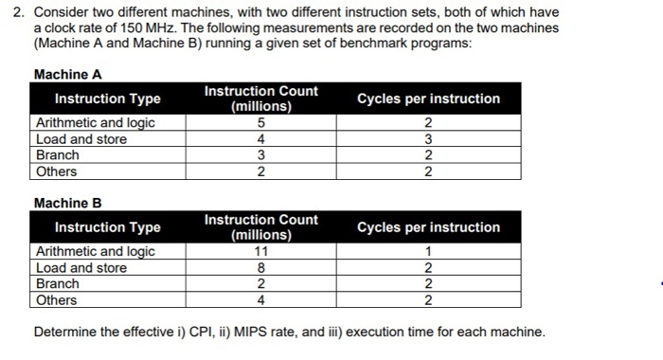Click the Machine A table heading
pos(67,74)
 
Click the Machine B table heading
pos(67,203)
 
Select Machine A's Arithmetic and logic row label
pos(95,122)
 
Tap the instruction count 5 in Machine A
pos(261,122)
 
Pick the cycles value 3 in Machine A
pos(428,139)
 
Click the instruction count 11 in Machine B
pos(261,251)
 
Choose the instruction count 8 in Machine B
pos(261,268)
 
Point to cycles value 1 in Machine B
pos(428,251)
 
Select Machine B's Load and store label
pos(81,268)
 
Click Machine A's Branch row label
pos(57,155)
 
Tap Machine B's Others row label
pos(56,300)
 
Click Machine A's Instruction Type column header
pos(107,99)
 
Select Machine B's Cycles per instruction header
pos(428,227)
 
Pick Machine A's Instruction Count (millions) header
pos(261,99)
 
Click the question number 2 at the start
pos(13,12)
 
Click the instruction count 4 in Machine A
pos(261,139)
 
